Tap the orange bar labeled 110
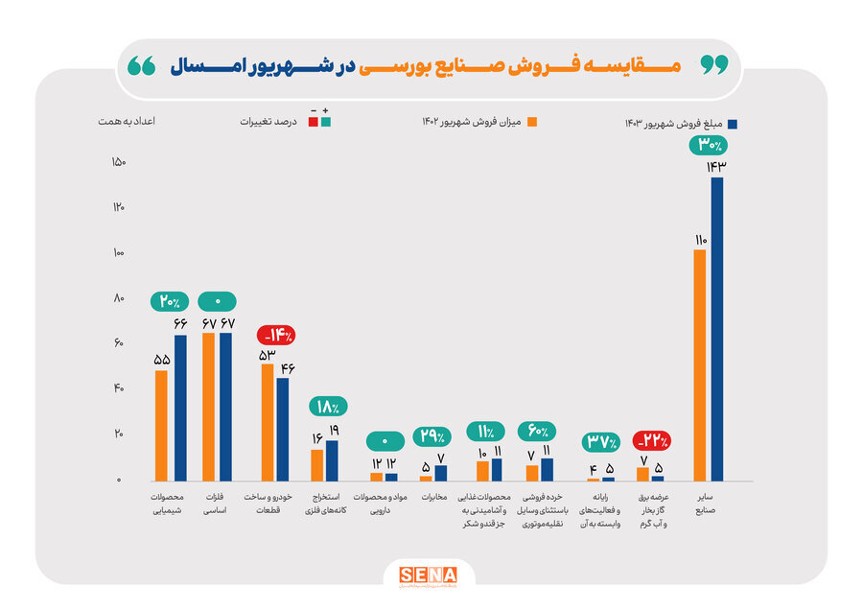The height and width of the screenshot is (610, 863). click(x=699, y=364)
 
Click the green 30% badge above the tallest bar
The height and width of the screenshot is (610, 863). click(x=710, y=146)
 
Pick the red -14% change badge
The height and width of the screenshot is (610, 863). click(x=275, y=336)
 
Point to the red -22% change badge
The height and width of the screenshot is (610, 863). click(x=652, y=441)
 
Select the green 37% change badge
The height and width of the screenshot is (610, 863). click(x=601, y=443)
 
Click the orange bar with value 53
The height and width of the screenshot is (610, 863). click(x=267, y=422)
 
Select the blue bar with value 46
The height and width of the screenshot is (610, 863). click(x=283, y=429)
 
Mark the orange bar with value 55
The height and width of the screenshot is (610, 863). click(x=161, y=425)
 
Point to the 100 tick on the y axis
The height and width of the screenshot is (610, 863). click(x=119, y=253)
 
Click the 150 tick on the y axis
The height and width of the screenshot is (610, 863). click(x=119, y=162)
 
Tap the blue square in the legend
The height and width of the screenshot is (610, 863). click(x=732, y=124)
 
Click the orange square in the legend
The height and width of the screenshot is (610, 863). click(x=532, y=122)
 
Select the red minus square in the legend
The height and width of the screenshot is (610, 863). click(x=313, y=122)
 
